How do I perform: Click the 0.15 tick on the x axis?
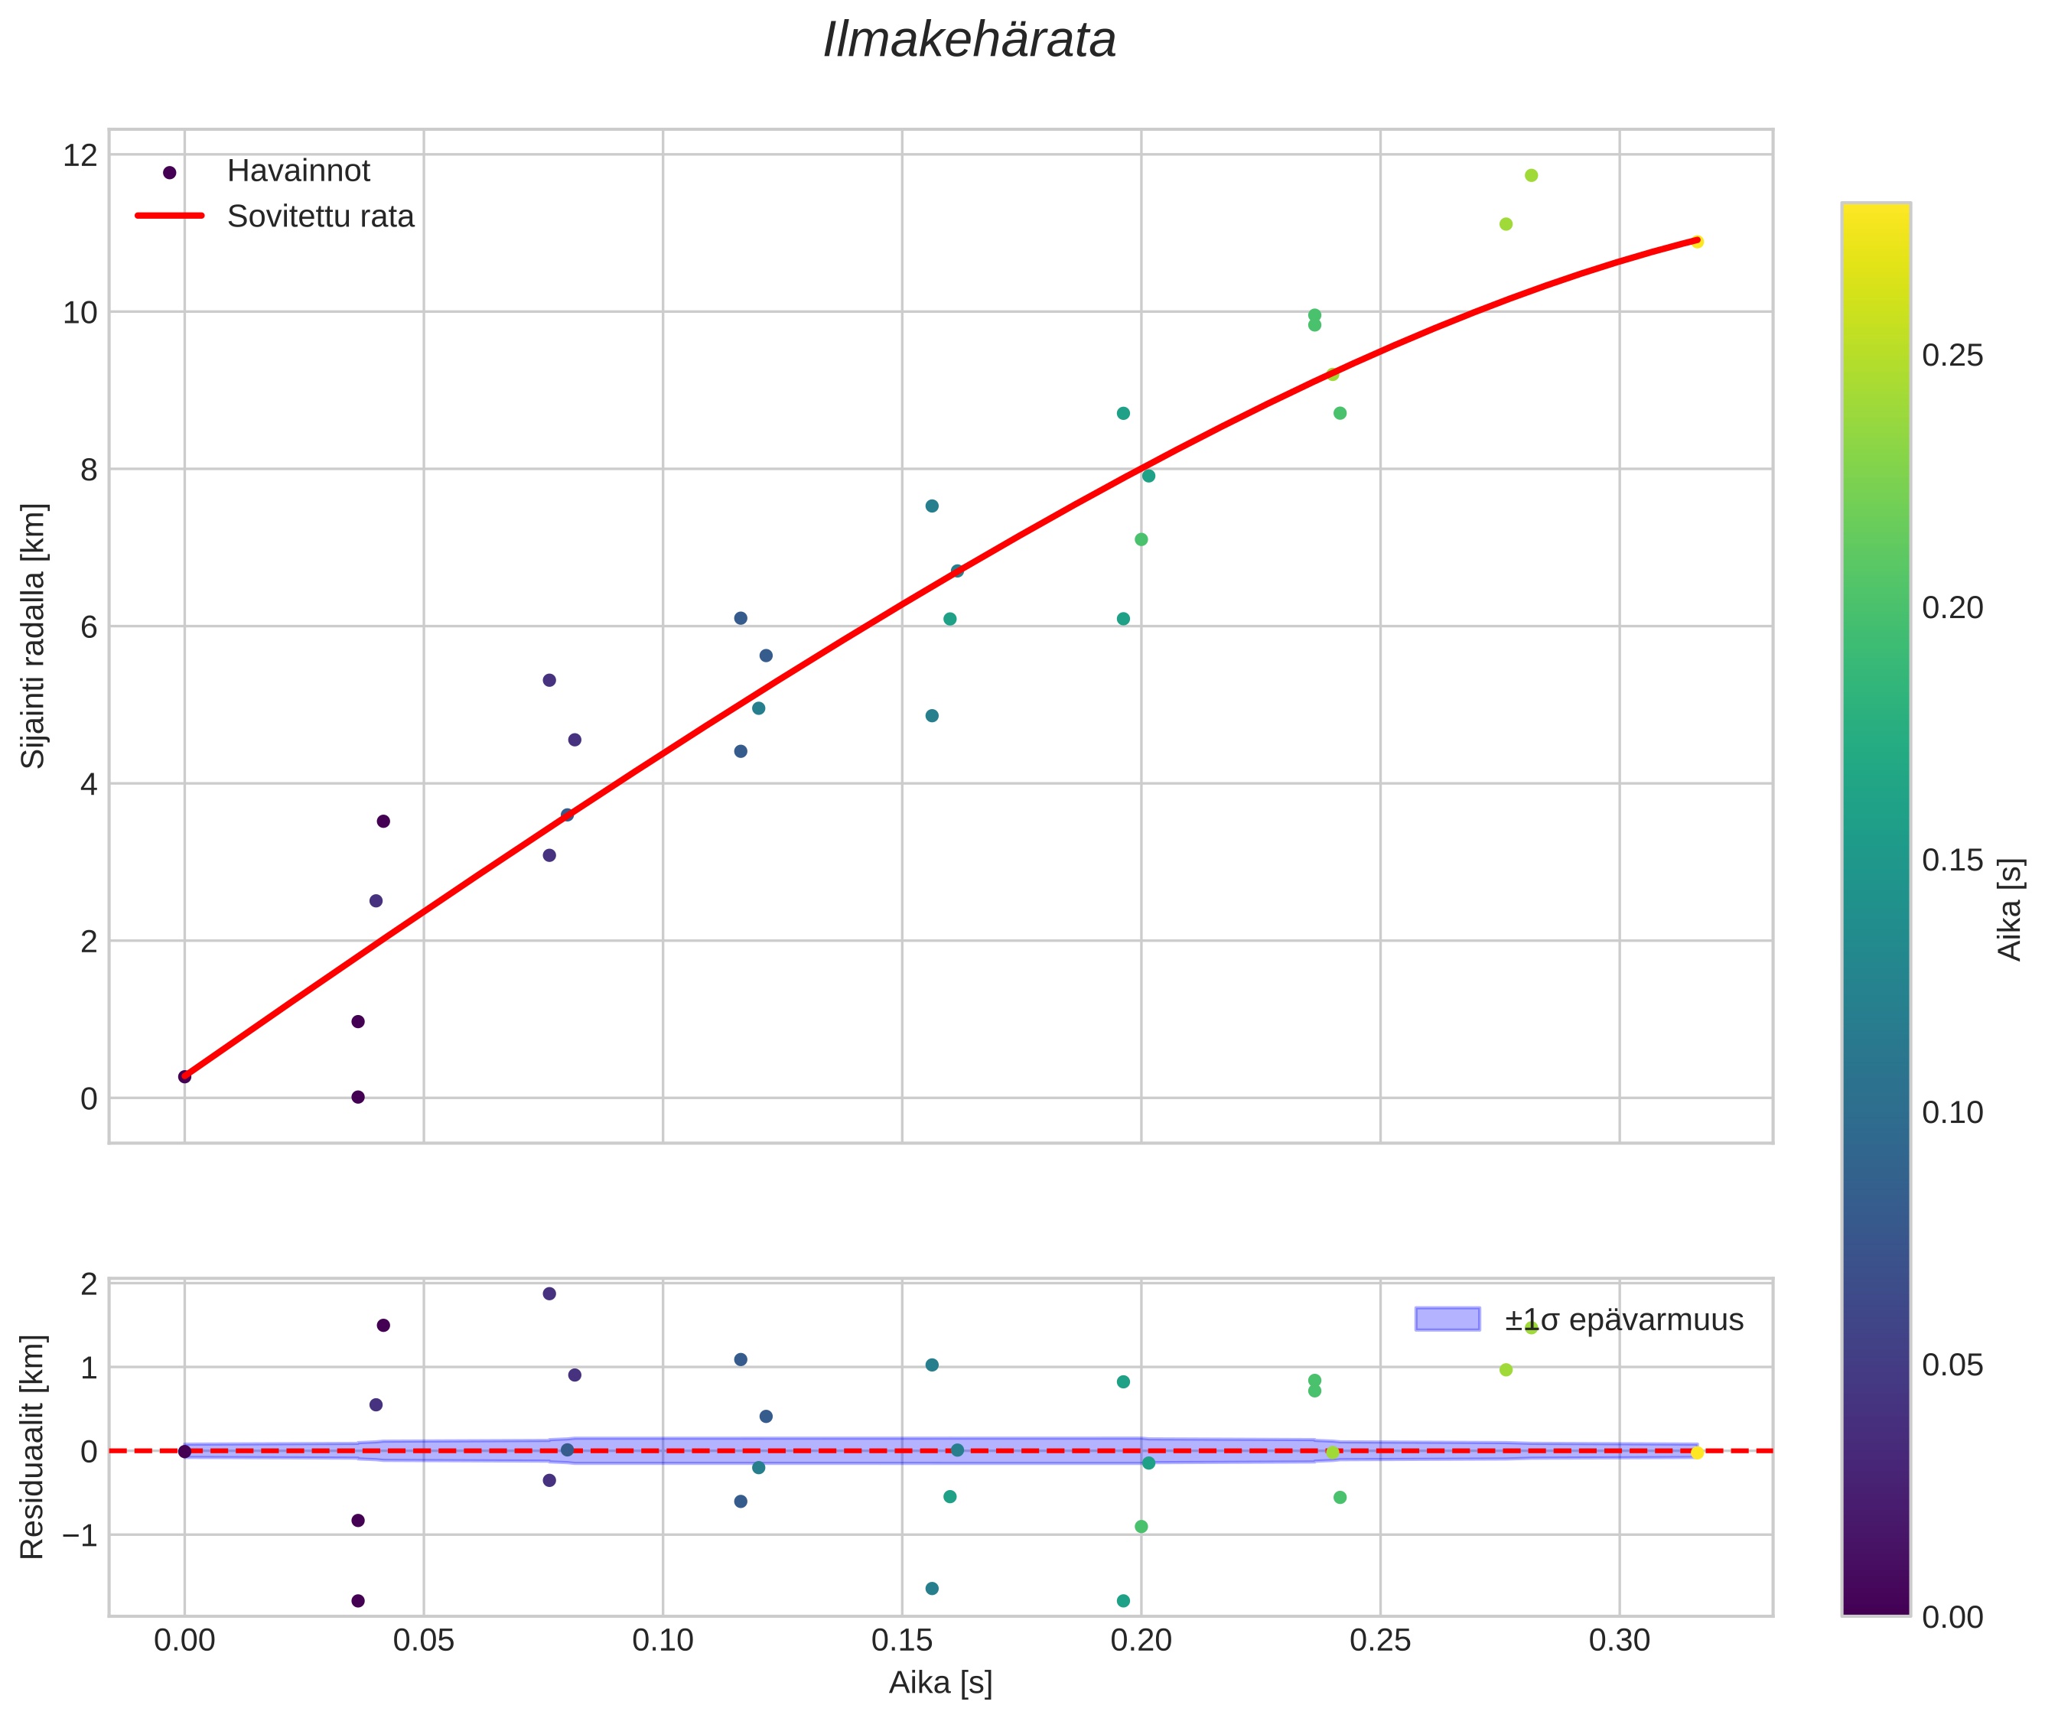[901, 1641]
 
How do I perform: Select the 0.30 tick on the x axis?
[1619, 1641]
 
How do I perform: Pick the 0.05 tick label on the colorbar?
[1952, 1365]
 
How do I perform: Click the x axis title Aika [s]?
[940, 1683]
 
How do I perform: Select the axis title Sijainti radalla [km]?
[34, 636]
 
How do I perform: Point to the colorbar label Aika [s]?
[2010, 909]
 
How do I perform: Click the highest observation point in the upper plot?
[1531, 175]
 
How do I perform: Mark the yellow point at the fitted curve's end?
[1696, 242]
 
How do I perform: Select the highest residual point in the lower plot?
[549, 1293]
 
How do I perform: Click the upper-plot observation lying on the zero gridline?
[357, 1097]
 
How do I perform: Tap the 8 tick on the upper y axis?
[88, 470]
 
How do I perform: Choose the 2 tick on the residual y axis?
[88, 1284]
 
